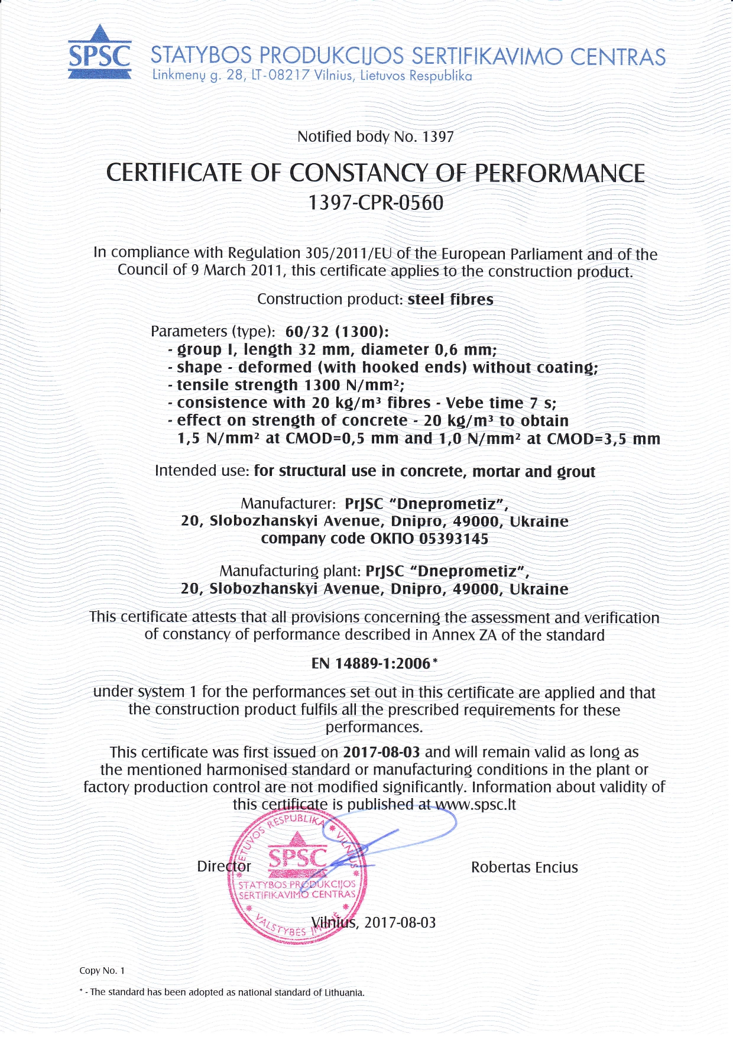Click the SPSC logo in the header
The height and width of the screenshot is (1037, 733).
[99, 53]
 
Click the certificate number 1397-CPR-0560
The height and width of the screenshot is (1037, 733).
[375, 203]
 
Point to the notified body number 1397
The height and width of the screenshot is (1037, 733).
[437, 137]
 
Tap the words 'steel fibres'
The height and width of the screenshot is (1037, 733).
[450, 299]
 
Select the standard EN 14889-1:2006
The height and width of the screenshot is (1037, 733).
[371, 663]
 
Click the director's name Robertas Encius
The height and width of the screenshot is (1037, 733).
[524, 867]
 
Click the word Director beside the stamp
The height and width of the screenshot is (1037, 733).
[223, 866]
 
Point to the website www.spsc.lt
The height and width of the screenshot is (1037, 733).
[475, 805]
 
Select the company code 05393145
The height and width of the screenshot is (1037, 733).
[453, 539]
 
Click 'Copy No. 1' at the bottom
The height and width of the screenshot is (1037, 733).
[102, 970]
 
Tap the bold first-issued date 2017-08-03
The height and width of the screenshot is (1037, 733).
[381, 752]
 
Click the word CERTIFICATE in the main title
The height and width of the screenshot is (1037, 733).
[175, 173]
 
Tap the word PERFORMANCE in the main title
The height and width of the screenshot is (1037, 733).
[560, 173]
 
